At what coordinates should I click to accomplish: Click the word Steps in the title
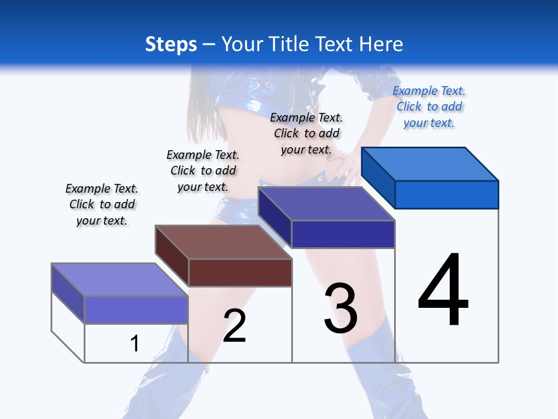[x=170, y=44]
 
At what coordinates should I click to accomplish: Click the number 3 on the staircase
[x=341, y=308]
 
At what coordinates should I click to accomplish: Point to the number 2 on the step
[x=234, y=325]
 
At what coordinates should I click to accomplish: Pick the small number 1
[x=134, y=343]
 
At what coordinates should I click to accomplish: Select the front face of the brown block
[x=240, y=272]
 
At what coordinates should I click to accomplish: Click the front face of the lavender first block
[x=136, y=310]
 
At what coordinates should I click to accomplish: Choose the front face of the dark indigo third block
[x=343, y=234]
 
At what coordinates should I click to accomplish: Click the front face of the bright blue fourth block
[x=446, y=194]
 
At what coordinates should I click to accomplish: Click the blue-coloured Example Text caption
[x=429, y=107]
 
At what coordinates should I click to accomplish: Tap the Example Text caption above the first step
[x=102, y=204]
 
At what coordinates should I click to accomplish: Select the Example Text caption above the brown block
[x=203, y=171]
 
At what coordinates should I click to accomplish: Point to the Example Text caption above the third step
[x=306, y=133]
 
